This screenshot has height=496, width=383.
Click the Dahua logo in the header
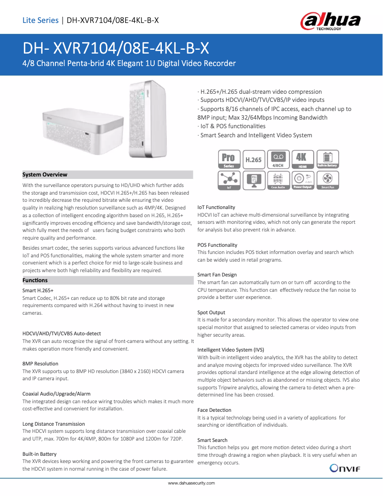[x=330, y=22]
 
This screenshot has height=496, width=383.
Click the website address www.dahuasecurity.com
[x=191, y=484]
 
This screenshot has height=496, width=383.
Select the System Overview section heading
[x=45, y=175]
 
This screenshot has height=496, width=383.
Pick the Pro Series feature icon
[x=229, y=159]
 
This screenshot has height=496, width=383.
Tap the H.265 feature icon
[x=254, y=159]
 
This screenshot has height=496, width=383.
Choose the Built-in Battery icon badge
[x=328, y=159]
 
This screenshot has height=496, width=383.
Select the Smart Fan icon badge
[x=328, y=180]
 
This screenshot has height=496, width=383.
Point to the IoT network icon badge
[x=229, y=180]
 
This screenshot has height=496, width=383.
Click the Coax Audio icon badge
[x=278, y=180]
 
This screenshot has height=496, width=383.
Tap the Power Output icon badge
[x=302, y=180]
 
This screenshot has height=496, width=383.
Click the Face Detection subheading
[x=214, y=410]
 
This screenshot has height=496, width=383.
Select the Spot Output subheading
[x=211, y=312]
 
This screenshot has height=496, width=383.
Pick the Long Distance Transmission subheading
[x=54, y=424]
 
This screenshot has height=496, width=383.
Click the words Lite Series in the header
[x=40, y=20]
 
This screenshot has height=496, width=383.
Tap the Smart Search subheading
[x=213, y=440]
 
